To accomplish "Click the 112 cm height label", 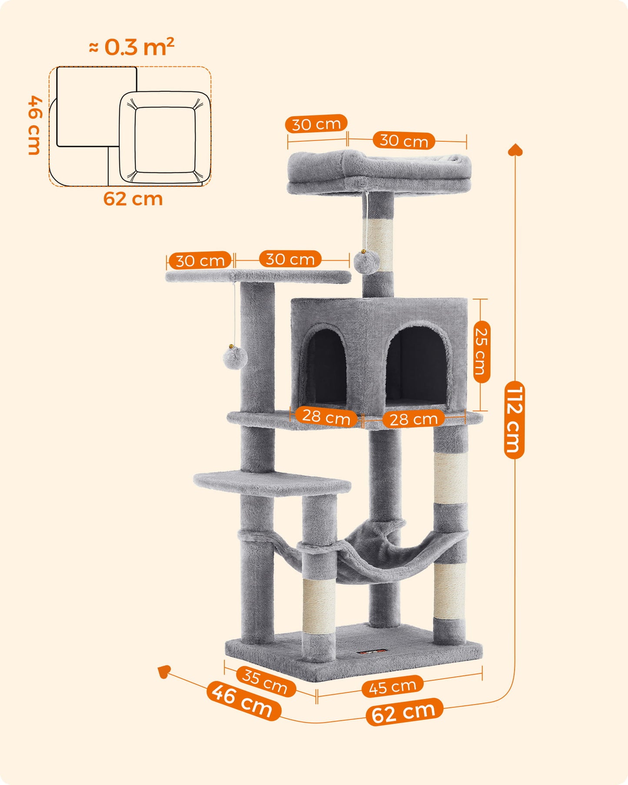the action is [x=514, y=420].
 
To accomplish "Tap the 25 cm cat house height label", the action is [x=482, y=352].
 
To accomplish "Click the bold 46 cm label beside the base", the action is [x=243, y=701].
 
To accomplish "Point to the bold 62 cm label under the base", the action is [x=404, y=712].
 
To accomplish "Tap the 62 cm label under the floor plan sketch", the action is [x=133, y=199].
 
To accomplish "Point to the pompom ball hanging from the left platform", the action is [x=235, y=357].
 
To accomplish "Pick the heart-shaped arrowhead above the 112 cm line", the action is [x=515, y=150].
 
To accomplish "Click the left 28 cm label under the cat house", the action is [x=326, y=416].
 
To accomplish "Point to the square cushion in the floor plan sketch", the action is [x=165, y=138].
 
